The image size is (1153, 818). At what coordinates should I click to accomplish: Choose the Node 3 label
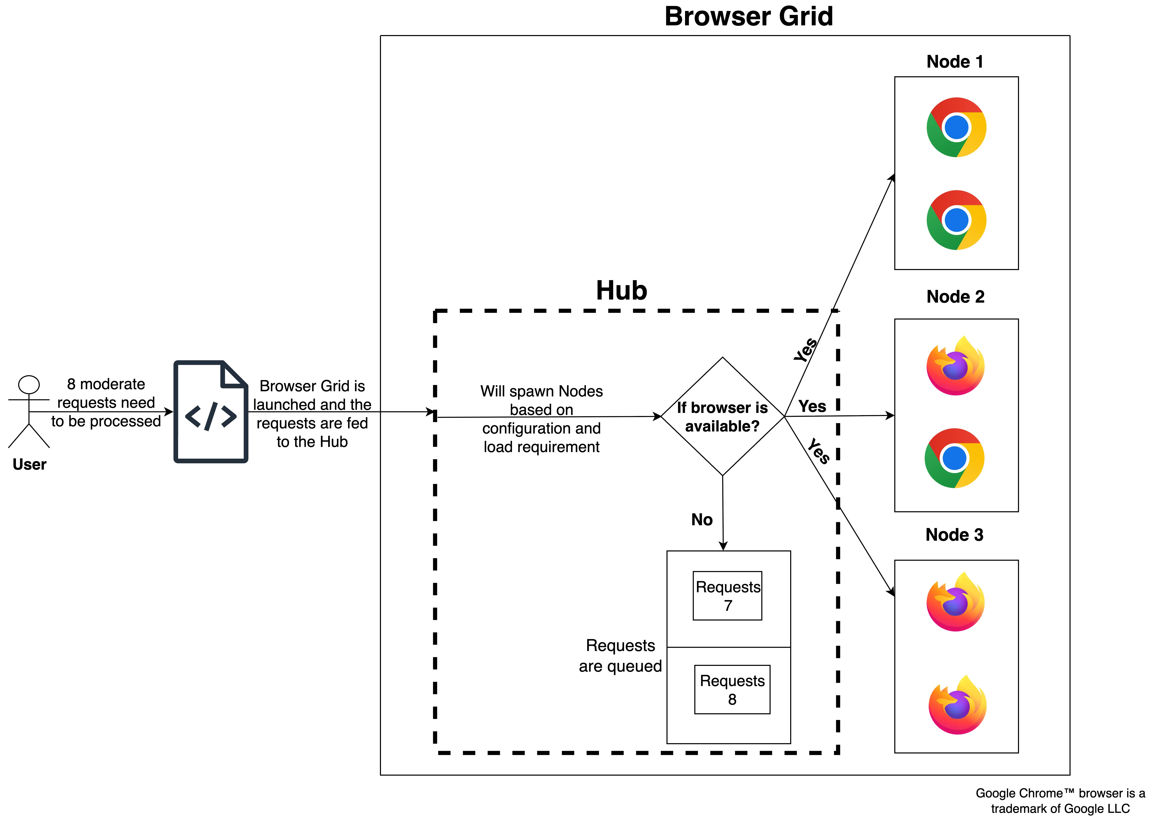point(954,535)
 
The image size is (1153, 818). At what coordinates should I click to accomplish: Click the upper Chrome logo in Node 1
point(956,127)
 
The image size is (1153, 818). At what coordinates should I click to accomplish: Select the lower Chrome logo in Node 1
point(956,220)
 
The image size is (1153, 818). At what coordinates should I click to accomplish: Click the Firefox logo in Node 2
point(955,366)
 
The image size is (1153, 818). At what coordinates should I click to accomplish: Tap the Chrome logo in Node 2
point(954,458)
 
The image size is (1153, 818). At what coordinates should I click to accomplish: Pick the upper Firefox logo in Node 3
point(955,602)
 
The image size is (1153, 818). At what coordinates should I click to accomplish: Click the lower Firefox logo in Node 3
point(957,705)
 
